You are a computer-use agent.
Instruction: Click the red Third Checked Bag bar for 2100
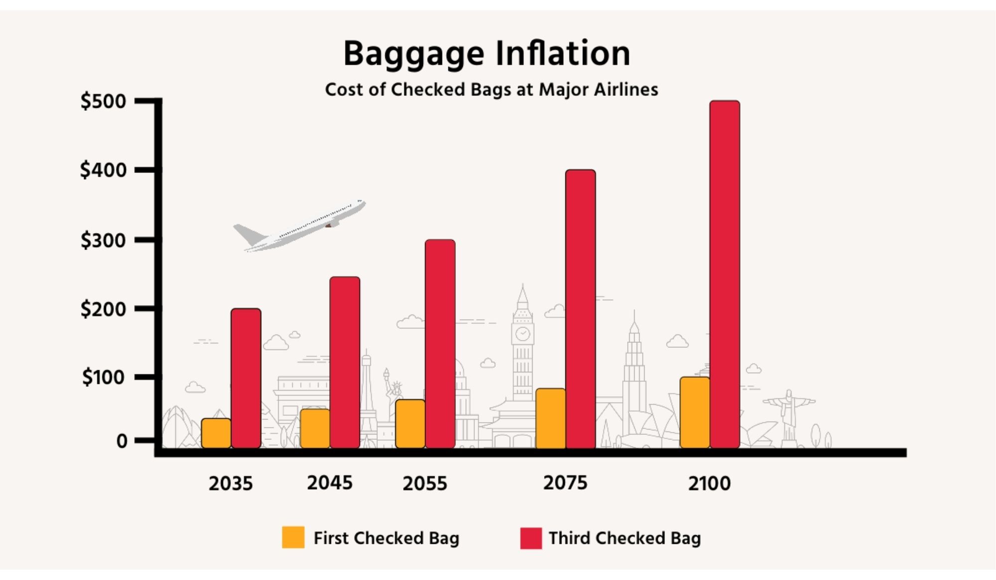pyautogui.click(x=725, y=274)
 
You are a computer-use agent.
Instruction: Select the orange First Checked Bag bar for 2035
pyautogui.click(x=216, y=433)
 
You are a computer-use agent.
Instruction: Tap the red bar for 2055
pyautogui.click(x=440, y=343)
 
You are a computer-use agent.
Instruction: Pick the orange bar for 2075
pyautogui.click(x=550, y=418)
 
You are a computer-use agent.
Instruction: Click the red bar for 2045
pyautogui.click(x=345, y=362)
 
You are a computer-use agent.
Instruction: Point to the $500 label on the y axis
pyautogui.click(x=104, y=101)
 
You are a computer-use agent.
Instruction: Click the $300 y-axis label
pyautogui.click(x=104, y=241)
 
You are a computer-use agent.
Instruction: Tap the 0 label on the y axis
pyautogui.click(x=122, y=441)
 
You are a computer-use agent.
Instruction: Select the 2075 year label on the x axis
pyautogui.click(x=565, y=483)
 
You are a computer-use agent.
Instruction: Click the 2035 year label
pyautogui.click(x=231, y=483)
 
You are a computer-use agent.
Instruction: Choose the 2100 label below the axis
pyautogui.click(x=709, y=483)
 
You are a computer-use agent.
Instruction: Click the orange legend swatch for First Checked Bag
pyautogui.click(x=293, y=538)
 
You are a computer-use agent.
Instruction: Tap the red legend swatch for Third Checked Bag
pyautogui.click(x=531, y=538)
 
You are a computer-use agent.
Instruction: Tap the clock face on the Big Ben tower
pyautogui.click(x=522, y=333)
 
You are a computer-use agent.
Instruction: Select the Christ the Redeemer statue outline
pyautogui.click(x=788, y=413)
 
